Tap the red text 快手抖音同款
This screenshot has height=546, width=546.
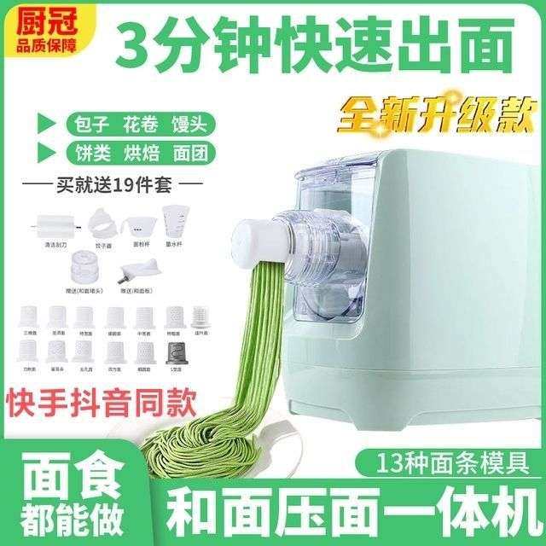pyautogui.click(x=101, y=398)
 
